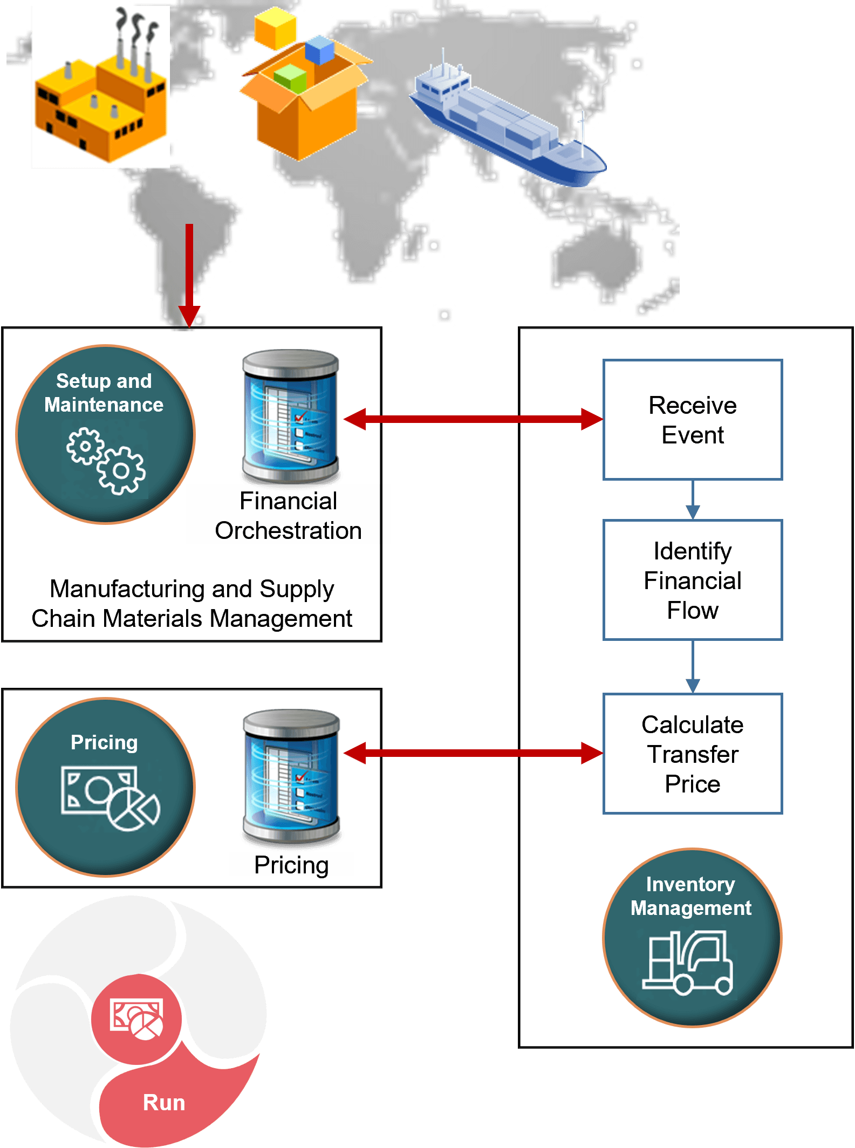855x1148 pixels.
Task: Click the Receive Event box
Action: coord(692,420)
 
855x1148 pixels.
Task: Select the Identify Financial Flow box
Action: coord(692,580)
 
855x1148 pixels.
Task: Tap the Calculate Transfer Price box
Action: coord(692,754)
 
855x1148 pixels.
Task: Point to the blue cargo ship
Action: coord(507,127)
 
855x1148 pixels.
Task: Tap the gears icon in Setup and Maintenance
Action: coord(106,461)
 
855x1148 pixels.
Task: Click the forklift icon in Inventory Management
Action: coord(688,963)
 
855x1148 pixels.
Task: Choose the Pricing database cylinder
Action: coord(291,777)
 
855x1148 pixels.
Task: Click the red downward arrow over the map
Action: coord(189,275)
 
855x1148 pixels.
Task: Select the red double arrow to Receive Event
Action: coord(473,419)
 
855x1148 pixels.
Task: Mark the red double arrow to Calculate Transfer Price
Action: coord(473,753)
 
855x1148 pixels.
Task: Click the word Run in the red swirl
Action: coord(164,1103)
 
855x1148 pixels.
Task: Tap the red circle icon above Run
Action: coord(136,1019)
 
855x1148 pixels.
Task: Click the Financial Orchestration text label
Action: coord(288,515)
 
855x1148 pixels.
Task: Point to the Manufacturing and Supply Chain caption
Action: coord(191,604)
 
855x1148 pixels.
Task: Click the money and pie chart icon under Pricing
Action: coord(110,798)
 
